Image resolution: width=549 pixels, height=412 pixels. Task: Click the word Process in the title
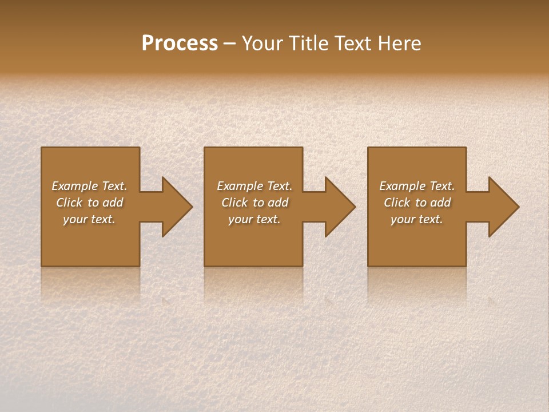pos(180,43)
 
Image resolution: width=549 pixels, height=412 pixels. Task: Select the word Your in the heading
pos(261,43)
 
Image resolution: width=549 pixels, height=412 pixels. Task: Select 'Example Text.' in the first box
pos(89,186)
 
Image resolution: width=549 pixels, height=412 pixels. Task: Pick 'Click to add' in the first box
pos(89,203)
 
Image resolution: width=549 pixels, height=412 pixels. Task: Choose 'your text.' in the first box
pos(89,219)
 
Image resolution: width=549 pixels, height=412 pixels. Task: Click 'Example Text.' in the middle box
pos(254,186)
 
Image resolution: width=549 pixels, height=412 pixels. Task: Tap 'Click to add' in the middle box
pos(254,203)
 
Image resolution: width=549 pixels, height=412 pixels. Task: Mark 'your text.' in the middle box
pos(254,219)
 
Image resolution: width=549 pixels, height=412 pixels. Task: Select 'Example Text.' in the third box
pos(417,186)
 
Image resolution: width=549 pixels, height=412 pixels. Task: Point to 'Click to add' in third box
pos(417,203)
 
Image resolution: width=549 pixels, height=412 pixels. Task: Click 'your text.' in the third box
pos(417,219)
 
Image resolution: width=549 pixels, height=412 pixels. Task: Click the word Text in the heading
pos(352,43)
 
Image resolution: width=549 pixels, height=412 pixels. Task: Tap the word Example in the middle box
pos(240,186)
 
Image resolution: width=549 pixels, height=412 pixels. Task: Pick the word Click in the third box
pos(397,203)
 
